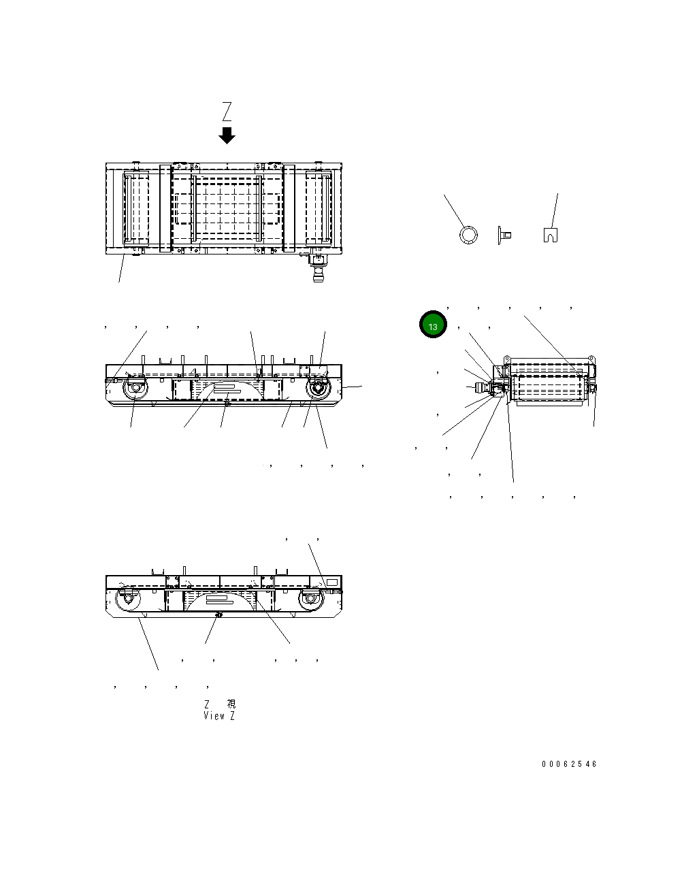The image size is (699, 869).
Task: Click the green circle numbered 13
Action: (x=433, y=325)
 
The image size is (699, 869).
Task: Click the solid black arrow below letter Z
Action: (x=227, y=135)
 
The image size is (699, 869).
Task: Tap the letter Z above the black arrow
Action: (x=227, y=112)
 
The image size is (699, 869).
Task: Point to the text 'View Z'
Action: (x=219, y=716)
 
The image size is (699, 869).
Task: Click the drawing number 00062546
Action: (x=569, y=764)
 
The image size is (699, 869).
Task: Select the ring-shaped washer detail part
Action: (x=468, y=235)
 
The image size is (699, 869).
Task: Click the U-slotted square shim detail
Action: (x=551, y=235)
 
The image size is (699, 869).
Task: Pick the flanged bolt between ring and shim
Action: (x=504, y=235)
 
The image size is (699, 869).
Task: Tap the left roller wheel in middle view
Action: (x=133, y=391)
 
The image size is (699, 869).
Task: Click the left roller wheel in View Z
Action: (x=127, y=600)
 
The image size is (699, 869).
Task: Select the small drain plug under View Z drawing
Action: (x=218, y=614)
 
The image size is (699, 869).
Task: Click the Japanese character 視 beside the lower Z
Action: (x=231, y=704)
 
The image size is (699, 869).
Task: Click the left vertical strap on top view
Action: (x=166, y=208)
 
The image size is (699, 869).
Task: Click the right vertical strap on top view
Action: (x=289, y=208)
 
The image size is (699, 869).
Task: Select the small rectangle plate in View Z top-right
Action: (x=332, y=583)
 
